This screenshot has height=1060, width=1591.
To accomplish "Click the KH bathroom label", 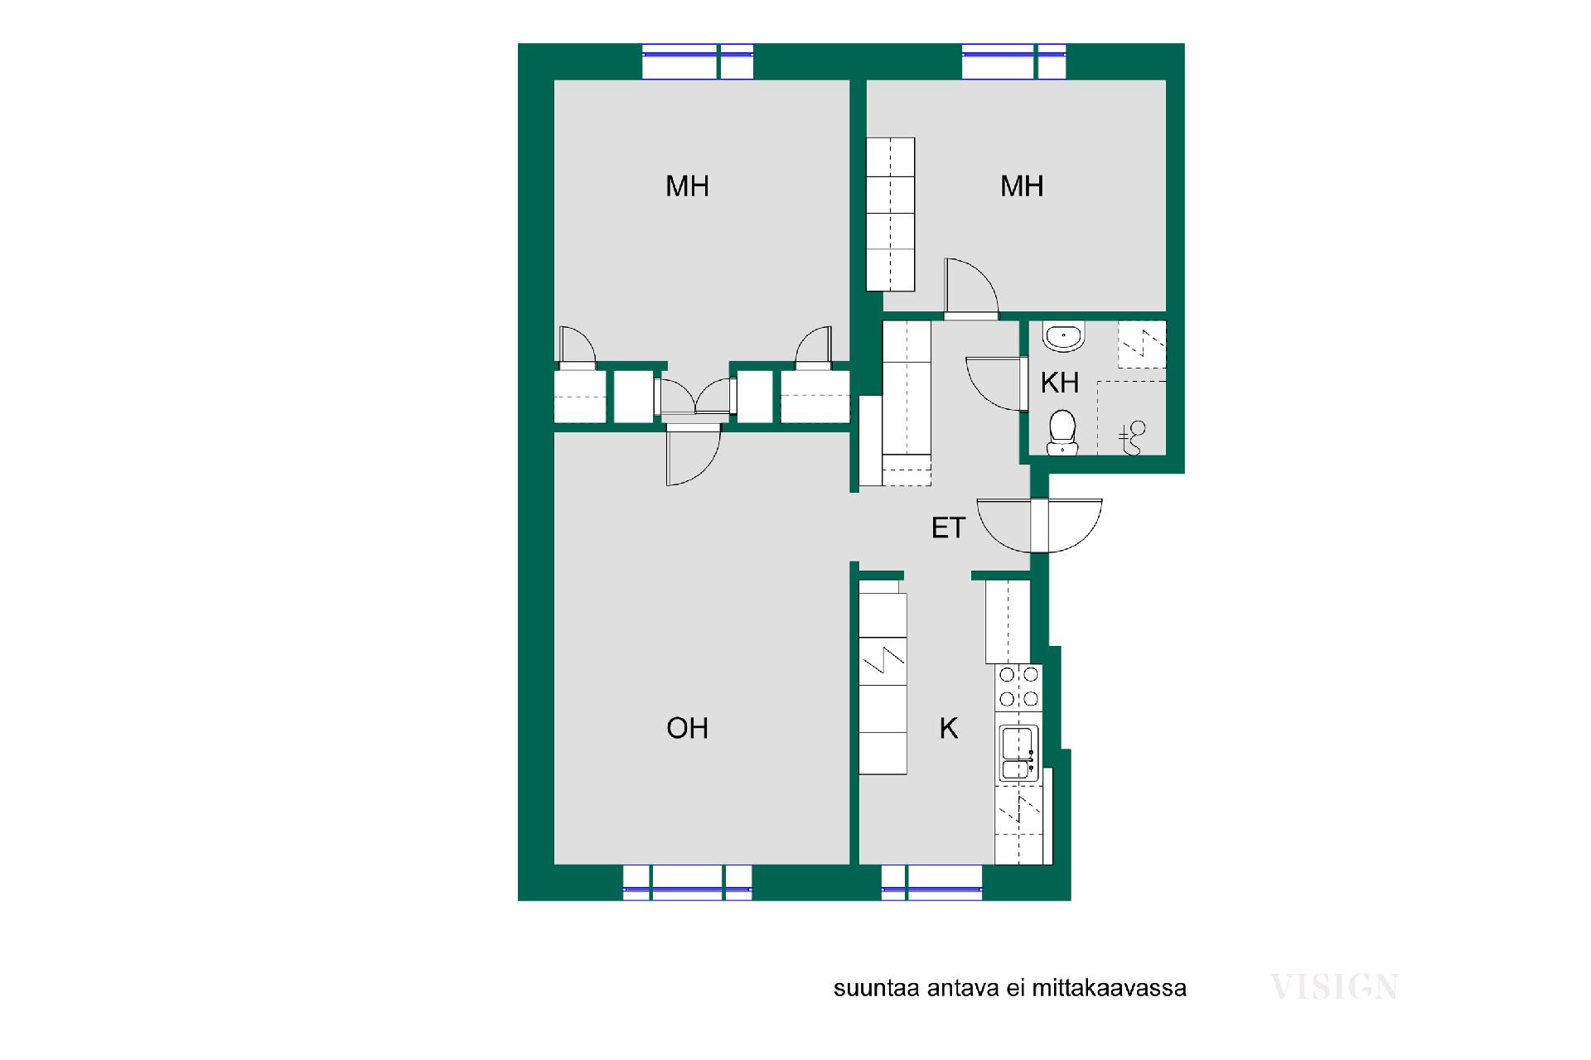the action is pos(1060,383).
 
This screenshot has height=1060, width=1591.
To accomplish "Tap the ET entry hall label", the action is pos(949,528).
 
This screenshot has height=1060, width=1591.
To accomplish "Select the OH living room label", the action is pos(687,728).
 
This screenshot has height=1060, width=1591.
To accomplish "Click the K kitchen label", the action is pos(949,728).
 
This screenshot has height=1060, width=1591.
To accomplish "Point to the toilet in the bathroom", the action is pos(1062,433).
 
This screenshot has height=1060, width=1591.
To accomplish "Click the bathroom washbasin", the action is pos(1062,335).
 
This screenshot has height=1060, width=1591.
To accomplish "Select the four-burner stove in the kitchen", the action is pos(1018,687).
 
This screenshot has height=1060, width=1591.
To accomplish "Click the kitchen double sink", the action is pos(1018,753).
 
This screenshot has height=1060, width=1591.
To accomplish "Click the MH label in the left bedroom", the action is pos(687,185).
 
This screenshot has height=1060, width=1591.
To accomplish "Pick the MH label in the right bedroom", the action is pos(1022,185).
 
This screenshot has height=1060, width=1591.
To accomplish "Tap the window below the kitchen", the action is pos(931,882).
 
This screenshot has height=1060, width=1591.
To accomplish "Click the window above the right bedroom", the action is pos(1014,61).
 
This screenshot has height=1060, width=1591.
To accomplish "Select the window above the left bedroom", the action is pos(698,61).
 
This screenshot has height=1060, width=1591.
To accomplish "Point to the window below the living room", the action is pos(688,882).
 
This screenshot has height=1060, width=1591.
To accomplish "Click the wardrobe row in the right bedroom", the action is pos(890,214).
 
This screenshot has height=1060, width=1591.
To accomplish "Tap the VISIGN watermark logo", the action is pos(1334,986).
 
